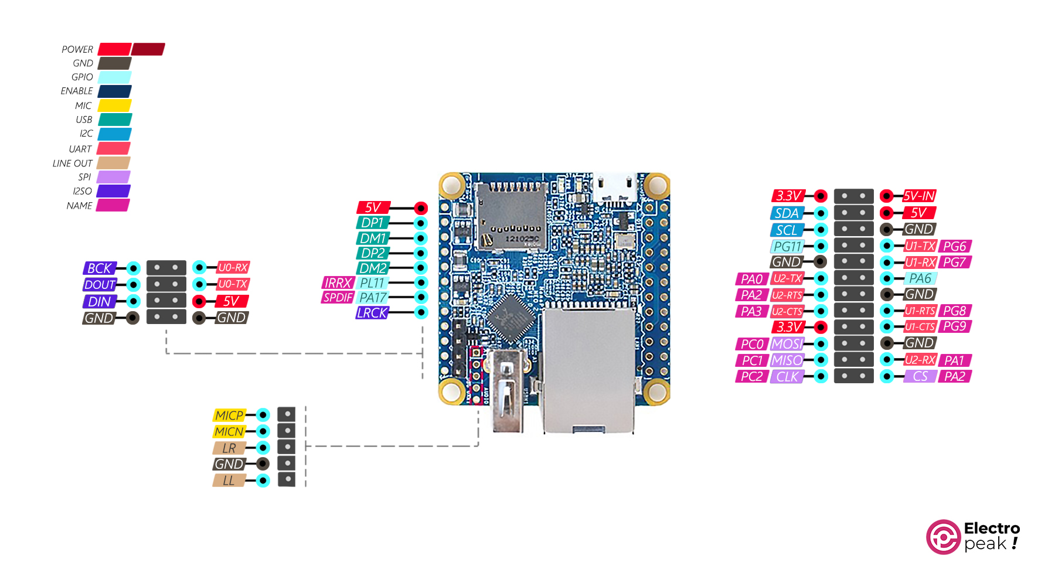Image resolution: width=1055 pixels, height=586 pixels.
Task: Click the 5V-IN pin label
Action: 919,196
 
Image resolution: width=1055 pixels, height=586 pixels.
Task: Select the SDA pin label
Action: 787,213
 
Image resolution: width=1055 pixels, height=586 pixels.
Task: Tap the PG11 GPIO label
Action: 787,247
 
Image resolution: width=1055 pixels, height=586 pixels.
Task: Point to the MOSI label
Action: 787,344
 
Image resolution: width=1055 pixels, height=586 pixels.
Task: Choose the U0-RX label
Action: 233,268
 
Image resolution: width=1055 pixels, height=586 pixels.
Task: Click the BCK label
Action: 100,268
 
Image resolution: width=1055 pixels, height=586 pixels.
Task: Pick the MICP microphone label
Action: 229,415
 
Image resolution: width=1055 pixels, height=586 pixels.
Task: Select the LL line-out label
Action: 229,481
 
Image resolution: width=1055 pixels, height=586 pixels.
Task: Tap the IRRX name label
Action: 338,283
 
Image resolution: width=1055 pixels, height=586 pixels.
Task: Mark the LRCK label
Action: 372,313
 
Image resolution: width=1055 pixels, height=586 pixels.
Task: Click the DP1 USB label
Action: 373,223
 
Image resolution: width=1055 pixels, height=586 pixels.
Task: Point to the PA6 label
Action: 920,278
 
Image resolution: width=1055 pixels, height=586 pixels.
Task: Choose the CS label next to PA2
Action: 920,376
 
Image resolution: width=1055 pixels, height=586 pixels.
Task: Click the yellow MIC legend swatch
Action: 114,105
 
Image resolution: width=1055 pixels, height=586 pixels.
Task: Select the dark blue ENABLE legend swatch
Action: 114,91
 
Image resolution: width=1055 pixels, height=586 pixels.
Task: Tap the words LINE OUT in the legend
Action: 72,163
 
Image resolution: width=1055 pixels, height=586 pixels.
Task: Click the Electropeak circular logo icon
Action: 942,537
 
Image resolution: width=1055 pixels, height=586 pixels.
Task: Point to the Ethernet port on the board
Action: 589,369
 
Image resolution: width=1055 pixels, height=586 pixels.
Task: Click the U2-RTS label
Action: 787,295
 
